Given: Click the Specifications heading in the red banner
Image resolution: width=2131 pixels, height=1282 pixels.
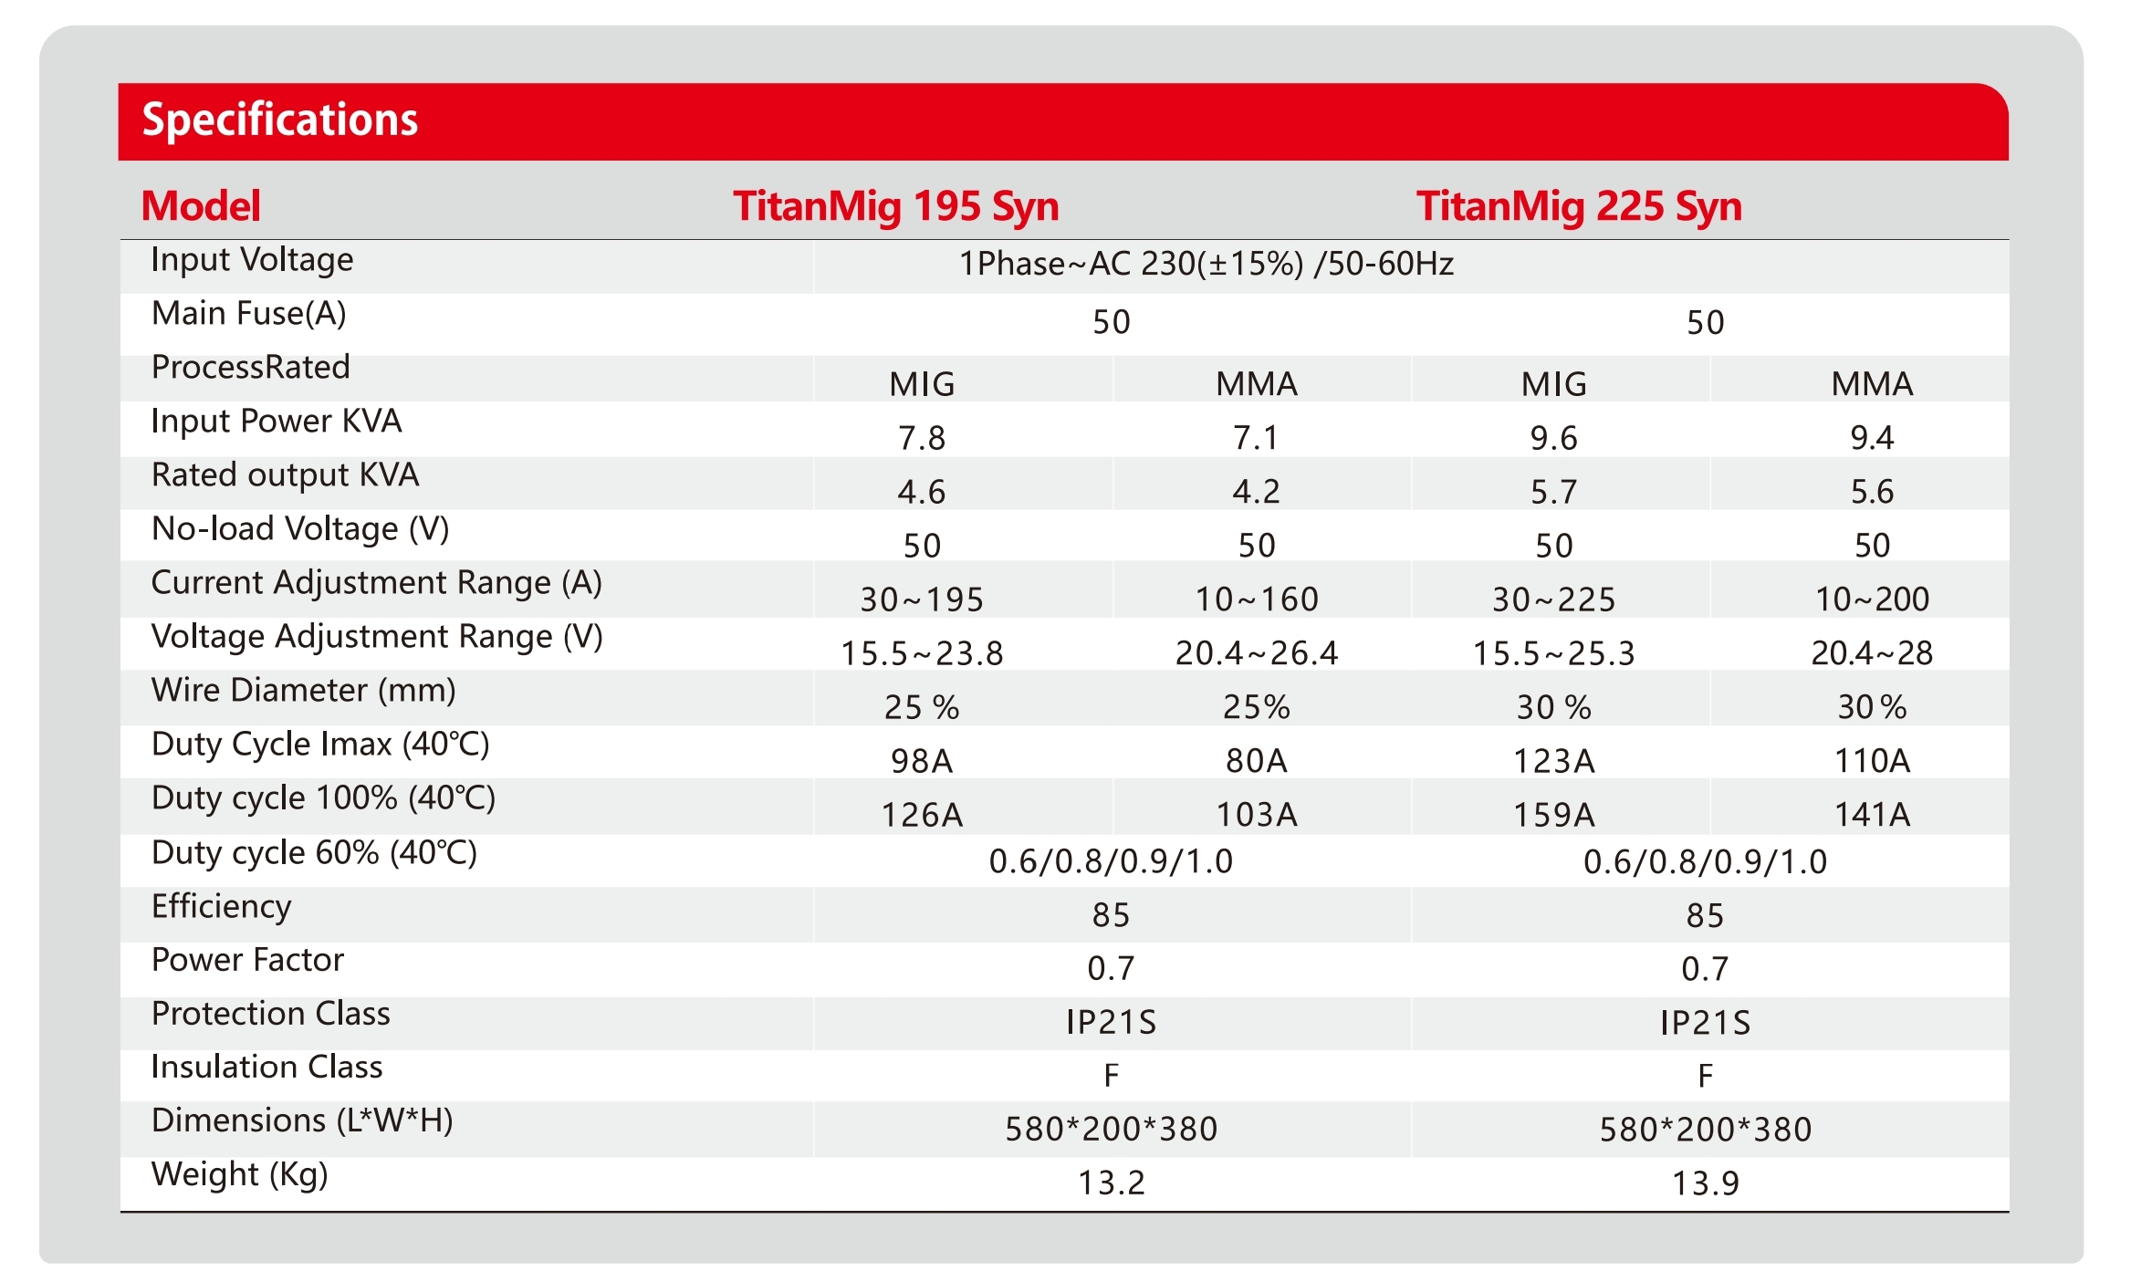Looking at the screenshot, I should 279,120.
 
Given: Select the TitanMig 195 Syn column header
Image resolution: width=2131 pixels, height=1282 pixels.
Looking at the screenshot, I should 895,206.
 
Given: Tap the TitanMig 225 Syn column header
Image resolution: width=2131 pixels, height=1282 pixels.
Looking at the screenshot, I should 1579,206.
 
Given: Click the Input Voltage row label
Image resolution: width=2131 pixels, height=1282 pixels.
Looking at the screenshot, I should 252,260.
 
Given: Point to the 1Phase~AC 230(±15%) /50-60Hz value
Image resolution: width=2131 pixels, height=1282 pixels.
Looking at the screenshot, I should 1206,264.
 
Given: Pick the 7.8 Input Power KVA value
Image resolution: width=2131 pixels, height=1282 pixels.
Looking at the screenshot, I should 922,438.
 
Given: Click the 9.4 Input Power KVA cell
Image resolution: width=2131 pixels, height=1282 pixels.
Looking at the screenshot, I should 1872,438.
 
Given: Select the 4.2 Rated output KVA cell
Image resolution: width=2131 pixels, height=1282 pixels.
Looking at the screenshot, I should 1256,492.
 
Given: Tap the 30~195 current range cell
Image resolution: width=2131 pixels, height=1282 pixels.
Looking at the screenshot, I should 922,599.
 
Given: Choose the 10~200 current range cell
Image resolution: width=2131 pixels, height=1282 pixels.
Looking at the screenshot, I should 1872,599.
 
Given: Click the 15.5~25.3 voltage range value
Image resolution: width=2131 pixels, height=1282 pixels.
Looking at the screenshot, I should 1553,653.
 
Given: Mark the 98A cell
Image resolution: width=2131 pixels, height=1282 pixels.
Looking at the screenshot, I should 922,761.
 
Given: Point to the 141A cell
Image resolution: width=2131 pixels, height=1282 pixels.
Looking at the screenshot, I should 1872,814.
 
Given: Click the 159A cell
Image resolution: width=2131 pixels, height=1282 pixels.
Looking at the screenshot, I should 1553,814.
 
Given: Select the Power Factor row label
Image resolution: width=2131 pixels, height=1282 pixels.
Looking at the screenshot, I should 247,960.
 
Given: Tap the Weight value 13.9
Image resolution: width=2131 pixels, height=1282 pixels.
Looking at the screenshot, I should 1705,1183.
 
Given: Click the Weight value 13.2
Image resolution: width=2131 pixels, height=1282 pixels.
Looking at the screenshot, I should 1111,1183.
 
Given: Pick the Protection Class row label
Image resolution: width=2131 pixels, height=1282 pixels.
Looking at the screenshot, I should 270,1014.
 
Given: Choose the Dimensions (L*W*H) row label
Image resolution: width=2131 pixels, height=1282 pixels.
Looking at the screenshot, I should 302,1120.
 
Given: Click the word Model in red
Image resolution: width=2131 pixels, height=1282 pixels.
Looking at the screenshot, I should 201,206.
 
